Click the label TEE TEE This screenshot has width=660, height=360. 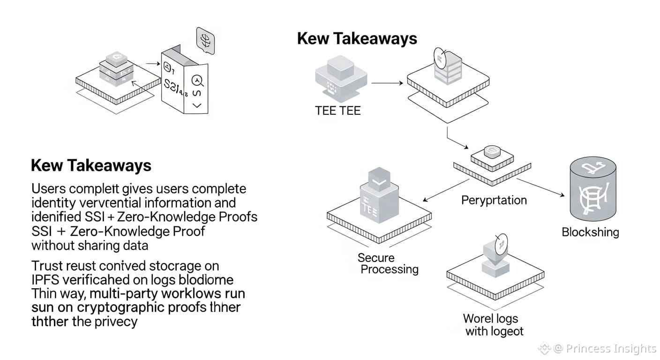pyautogui.click(x=337, y=111)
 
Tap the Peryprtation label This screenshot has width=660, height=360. pyautogui.click(x=494, y=201)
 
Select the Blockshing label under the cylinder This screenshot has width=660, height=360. pyautogui.click(x=590, y=232)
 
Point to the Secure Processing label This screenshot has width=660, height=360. pyautogui.click(x=388, y=263)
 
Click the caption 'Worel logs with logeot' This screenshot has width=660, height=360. pyautogui.click(x=492, y=325)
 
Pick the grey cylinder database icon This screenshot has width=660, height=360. pyautogui.click(x=592, y=190)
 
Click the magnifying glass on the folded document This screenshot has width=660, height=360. pyautogui.click(x=197, y=81)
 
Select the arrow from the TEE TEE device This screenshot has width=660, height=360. pyautogui.click(x=387, y=83)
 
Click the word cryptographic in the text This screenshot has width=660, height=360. pyautogui.click(x=105, y=307)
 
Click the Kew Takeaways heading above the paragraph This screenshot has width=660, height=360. pyautogui.click(x=91, y=165)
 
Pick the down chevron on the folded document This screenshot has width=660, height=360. pyautogui.click(x=197, y=105)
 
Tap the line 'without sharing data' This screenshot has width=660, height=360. pyautogui.click(x=90, y=245)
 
